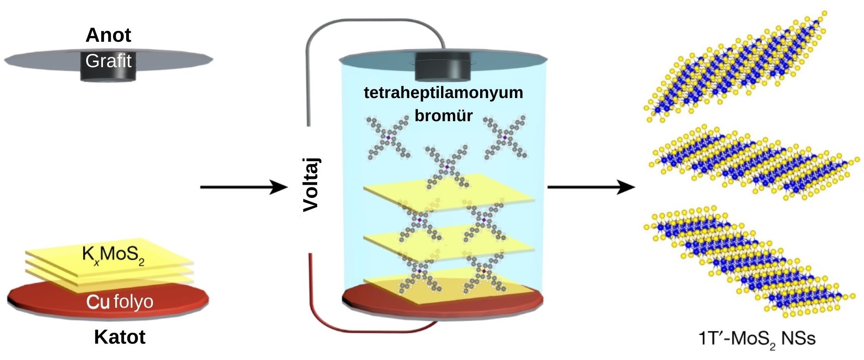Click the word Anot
pos(108,35)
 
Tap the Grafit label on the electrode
pos(108,61)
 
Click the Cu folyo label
pos(120,301)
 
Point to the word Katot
pos(119,337)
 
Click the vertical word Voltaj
pos(311,185)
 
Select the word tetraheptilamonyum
pos(443,93)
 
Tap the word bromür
pos(443,115)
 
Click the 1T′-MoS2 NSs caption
pos(757,339)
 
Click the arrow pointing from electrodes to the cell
pos(244,187)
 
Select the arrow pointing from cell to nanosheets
pos(591,187)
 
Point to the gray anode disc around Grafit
pos(41,59)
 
